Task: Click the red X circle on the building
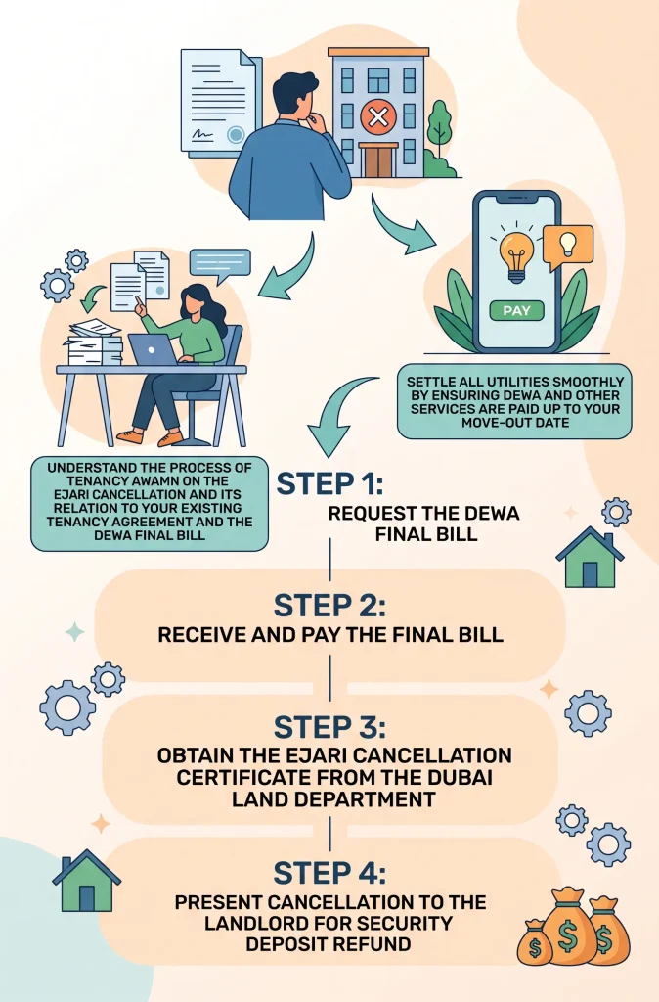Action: (378, 117)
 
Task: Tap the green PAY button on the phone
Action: (516, 310)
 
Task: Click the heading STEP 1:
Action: (329, 483)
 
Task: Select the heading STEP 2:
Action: (329, 605)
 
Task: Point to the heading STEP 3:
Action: (329, 727)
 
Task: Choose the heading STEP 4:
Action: (329, 873)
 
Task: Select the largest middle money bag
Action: (568, 926)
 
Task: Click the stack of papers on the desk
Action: (94, 342)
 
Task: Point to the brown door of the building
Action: (378, 161)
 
